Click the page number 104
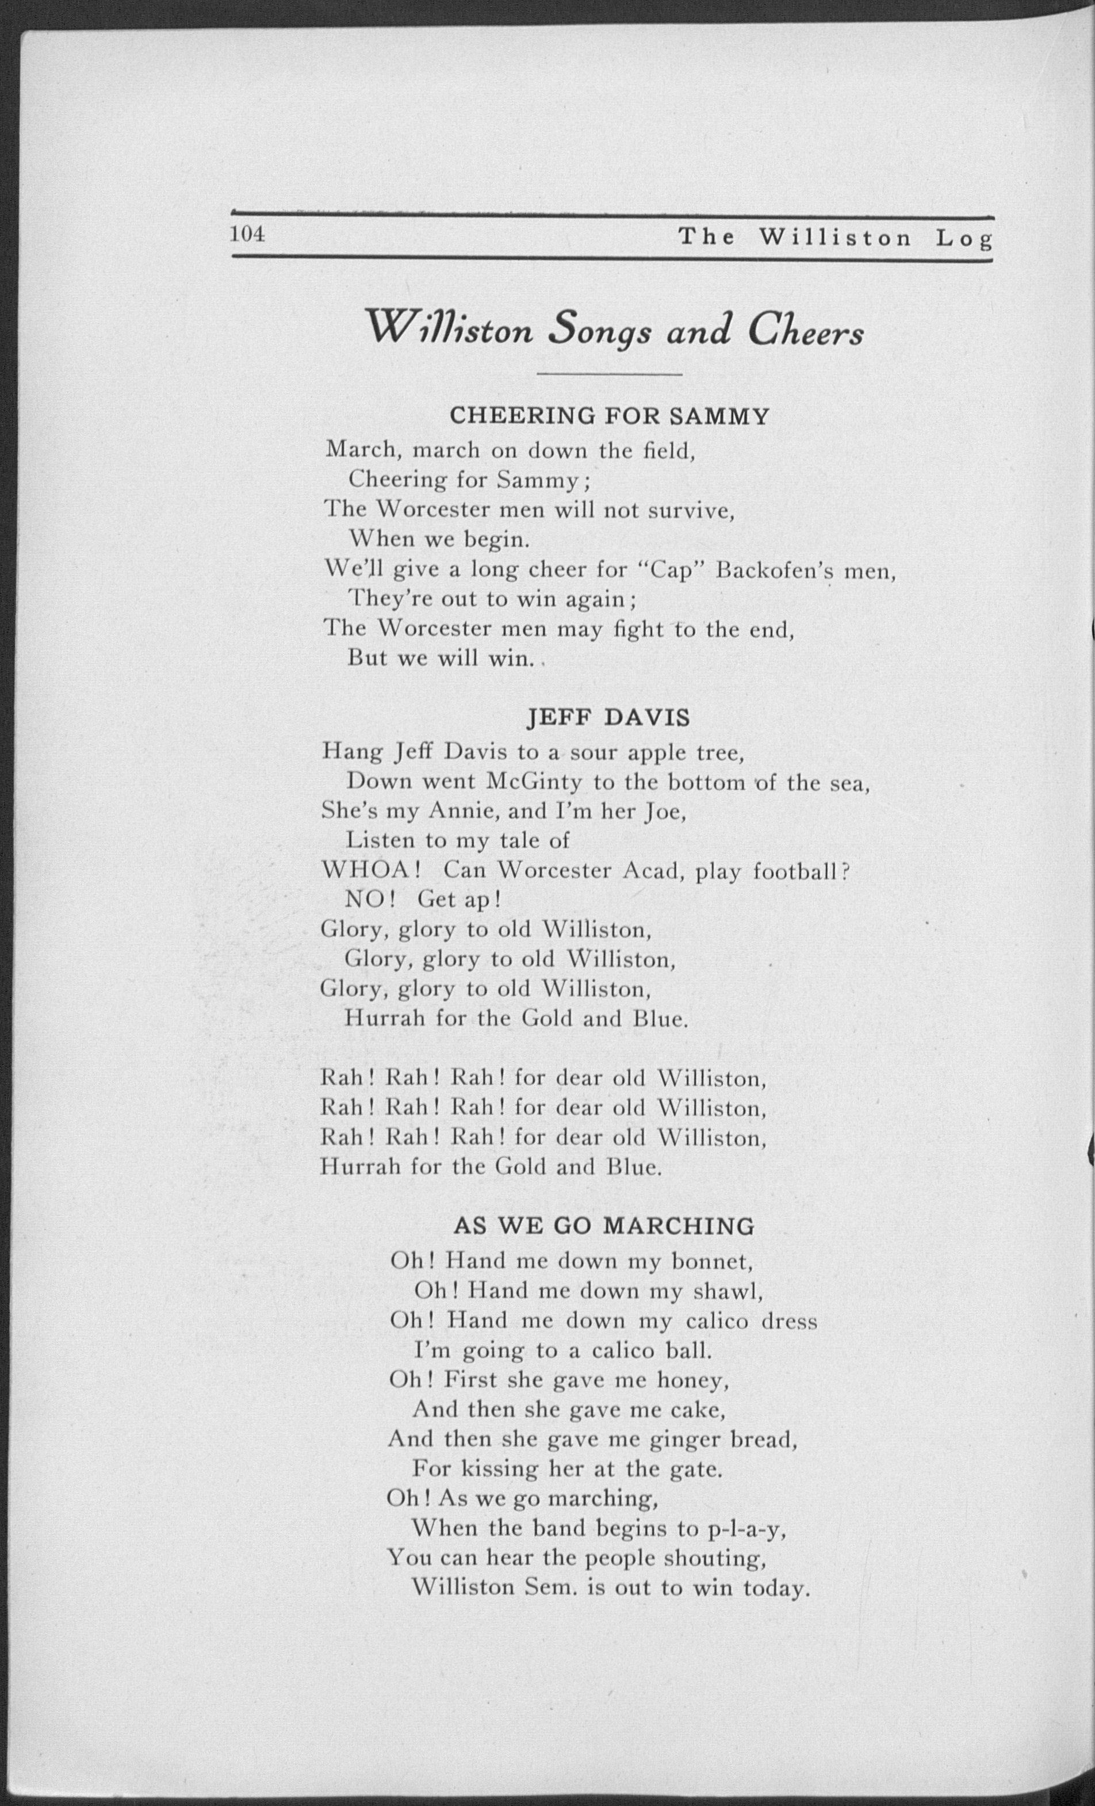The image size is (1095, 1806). tap(247, 235)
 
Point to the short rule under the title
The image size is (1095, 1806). tap(609, 375)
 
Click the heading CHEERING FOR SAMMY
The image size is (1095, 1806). tap(609, 416)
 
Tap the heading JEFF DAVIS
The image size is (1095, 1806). tap(608, 718)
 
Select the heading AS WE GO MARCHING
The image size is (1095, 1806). tap(603, 1226)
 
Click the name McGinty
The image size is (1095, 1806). tap(534, 782)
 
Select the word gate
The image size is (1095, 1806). tap(699, 1469)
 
